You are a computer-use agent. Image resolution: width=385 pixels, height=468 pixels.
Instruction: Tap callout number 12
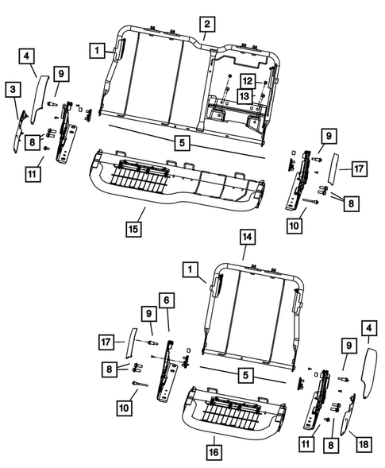[248, 82]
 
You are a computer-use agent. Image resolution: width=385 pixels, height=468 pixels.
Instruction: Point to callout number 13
[248, 96]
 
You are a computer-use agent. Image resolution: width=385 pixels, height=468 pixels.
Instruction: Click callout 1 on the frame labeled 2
[98, 50]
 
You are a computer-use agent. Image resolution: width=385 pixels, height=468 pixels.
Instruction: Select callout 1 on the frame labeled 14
[190, 269]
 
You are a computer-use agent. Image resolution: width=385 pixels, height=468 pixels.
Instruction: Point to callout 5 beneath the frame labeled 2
[182, 144]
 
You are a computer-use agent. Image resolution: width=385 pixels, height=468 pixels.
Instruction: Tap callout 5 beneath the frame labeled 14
[248, 373]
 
